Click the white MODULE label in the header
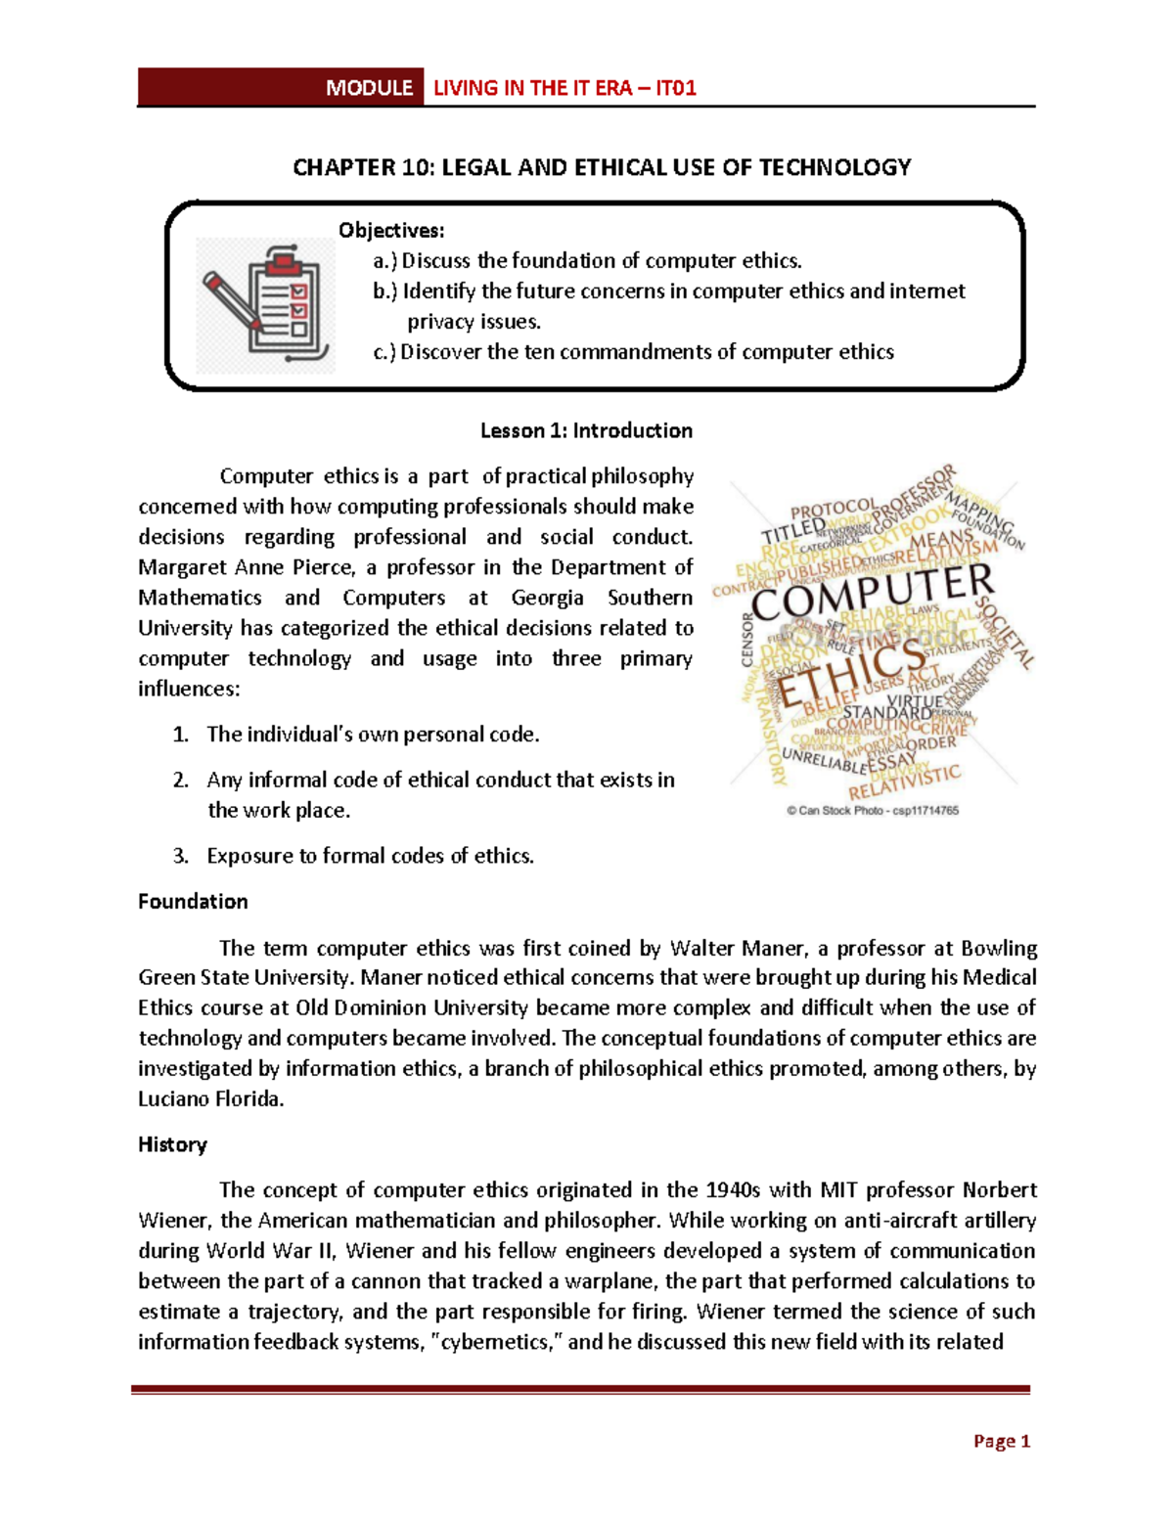tap(369, 88)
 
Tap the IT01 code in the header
tap(676, 88)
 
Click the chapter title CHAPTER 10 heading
tap(602, 167)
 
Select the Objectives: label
tap(391, 231)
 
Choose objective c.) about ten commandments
tap(633, 352)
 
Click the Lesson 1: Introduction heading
tap(586, 430)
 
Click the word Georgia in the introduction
tap(547, 598)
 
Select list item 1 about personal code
tap(372, 735)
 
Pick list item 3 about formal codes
tap(369, 856)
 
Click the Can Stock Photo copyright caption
tap(873, 811)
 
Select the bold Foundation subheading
tap(193, 902)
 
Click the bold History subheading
tap(172, 1144)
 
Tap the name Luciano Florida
tap(210, 1098)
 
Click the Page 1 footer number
tap(1001, 1441)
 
